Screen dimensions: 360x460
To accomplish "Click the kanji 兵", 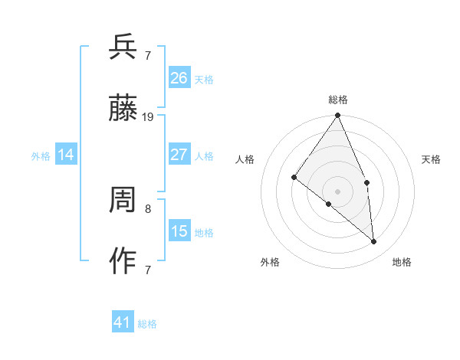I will pos(123,47).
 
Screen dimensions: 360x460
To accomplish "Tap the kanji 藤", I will pos(123,110).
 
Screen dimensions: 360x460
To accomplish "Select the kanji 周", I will pos(123,201).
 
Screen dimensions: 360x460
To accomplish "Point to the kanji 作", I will pos(123,262).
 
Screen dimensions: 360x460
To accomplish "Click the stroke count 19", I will pos(148,117).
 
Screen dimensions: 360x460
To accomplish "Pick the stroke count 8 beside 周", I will pos(148,208).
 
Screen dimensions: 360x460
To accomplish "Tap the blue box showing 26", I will pos(179,77).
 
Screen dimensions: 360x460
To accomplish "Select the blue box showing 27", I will pos(179,155).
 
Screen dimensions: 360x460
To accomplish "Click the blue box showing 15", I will pos(179,231).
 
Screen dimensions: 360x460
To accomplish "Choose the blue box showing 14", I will pos(67,155).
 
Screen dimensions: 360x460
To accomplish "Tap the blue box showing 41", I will pos(123,322).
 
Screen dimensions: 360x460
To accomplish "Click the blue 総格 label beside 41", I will pos(147,324).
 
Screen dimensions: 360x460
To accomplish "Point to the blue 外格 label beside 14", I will pos(41,156).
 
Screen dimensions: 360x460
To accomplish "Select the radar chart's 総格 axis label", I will pos(338,100).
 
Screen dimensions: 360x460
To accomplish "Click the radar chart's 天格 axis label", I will pos(431,159).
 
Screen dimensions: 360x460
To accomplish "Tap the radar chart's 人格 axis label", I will pos(245,159).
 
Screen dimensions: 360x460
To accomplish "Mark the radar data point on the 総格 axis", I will pos(338,116).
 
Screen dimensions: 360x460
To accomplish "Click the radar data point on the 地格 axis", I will pos(374,241).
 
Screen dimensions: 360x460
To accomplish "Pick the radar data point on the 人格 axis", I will pos(294,178).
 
